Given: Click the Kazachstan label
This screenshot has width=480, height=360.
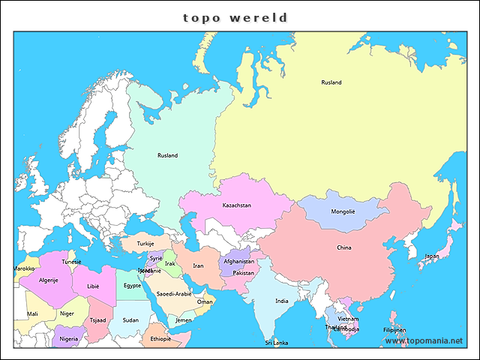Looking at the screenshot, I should [236, 205].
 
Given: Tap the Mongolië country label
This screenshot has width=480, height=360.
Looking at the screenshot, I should [343, 211].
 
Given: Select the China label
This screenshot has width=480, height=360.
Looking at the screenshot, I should [343, 247].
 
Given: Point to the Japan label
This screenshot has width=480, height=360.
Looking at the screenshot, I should [432, 256].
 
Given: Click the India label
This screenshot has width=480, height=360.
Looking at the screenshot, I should [281, 301].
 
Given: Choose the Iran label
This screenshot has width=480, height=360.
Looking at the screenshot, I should [198, 265].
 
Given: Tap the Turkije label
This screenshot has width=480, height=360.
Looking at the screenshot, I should [145, 244].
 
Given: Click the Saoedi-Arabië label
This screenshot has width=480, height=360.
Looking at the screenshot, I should [173, 294].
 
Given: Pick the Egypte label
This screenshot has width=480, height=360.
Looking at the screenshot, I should [132, 285].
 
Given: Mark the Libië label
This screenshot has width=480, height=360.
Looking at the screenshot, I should [93, 286].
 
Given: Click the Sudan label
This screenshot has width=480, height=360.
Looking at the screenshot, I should [130, 319].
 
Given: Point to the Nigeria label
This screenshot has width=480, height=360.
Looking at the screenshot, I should [68, 338].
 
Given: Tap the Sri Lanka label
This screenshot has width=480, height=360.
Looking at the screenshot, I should [276, 343].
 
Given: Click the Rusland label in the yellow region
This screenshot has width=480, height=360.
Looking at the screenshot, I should [331, 82].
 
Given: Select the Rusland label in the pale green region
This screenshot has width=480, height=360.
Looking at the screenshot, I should [167, 155].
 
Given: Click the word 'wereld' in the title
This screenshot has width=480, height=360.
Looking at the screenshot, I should [263, 17].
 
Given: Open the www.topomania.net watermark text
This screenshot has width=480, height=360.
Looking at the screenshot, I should [424, 340].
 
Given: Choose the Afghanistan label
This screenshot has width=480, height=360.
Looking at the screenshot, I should [239, 261].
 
